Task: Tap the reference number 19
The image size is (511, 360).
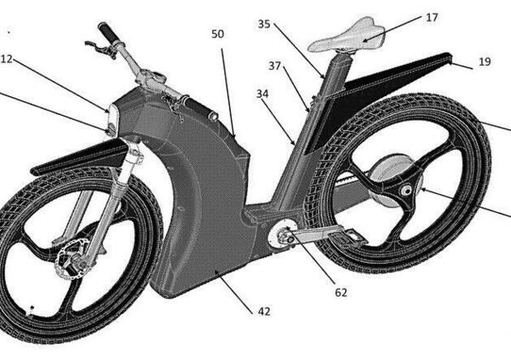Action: [x=485, y=60]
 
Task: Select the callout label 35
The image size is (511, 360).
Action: [x=264, y=25]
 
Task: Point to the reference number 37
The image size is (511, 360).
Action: [x=275, y=65]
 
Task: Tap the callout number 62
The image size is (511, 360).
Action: [x=341, y=293]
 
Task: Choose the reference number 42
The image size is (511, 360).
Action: [x=264, y=311]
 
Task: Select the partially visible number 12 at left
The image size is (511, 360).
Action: [x=7, y=59]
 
